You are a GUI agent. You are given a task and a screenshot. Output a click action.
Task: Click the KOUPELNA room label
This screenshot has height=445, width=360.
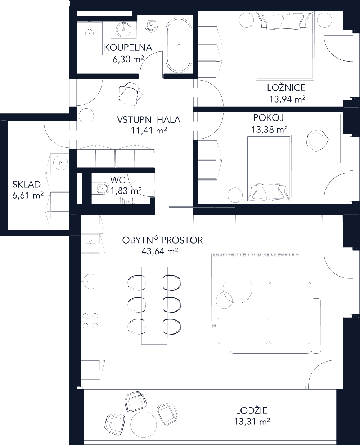coord(128,47)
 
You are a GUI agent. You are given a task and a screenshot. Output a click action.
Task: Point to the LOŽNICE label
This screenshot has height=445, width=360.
coord(286,87)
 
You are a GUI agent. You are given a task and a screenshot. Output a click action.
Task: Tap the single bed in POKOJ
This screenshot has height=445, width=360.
coord(269,167)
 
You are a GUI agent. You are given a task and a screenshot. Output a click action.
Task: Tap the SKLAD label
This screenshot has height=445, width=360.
coord(26,185)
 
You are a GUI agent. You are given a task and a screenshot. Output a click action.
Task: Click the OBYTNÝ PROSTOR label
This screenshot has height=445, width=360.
coord(162,240)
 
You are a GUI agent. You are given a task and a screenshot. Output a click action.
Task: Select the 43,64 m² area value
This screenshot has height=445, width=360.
coord(161,251)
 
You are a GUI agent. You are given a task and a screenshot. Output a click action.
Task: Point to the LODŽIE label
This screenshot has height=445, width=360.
coord(252,410)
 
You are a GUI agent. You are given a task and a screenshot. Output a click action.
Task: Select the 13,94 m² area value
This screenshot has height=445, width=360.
coord(287,99)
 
